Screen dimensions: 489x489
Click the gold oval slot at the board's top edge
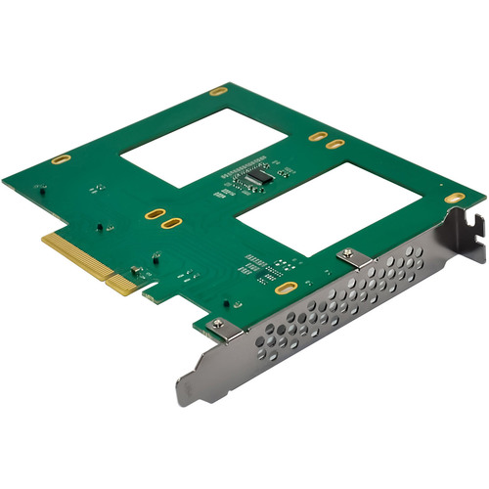[218, 91]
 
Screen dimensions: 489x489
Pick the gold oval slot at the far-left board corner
[61, 158]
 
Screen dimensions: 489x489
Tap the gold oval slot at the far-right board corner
[454, 198]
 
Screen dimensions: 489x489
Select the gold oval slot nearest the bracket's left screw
[285, 289]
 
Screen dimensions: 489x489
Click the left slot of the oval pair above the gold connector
[153, 213]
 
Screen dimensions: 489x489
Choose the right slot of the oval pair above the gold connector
[171, 224]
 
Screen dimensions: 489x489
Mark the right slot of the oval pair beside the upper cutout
[335, 145]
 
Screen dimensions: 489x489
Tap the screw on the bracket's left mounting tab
[217, 324]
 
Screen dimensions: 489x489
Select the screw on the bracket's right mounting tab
[350, 255]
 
